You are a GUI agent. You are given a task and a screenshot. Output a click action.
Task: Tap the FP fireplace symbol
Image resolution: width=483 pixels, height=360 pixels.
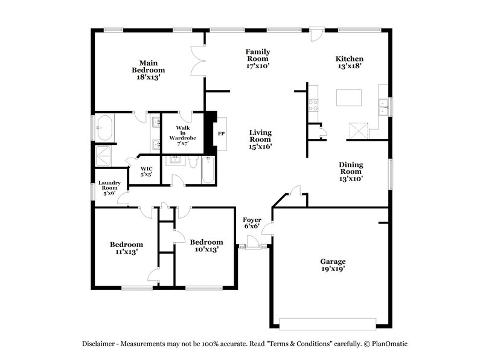(x=221, y=133)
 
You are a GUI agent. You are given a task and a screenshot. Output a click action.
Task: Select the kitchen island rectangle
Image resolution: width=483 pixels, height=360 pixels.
(x=349, y=97)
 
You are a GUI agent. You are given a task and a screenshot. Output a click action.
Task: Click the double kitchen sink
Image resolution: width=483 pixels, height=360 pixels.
(x=383, y=107)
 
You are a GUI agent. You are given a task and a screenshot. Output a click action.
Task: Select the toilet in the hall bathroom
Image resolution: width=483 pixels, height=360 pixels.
(x=193, y=162)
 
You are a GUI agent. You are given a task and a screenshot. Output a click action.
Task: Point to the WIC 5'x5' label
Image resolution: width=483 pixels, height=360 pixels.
(x=146, y=171)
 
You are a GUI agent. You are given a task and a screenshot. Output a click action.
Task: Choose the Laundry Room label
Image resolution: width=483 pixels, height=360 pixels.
(x=110, y=188)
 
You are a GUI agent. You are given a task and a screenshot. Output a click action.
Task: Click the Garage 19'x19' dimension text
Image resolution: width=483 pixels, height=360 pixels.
(x=333, y=269)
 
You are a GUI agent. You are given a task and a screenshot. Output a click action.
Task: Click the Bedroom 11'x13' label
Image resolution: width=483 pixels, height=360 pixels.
(x=126, y=248)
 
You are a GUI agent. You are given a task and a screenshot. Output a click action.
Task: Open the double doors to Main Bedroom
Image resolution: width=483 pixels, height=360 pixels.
(x=197, y=62)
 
